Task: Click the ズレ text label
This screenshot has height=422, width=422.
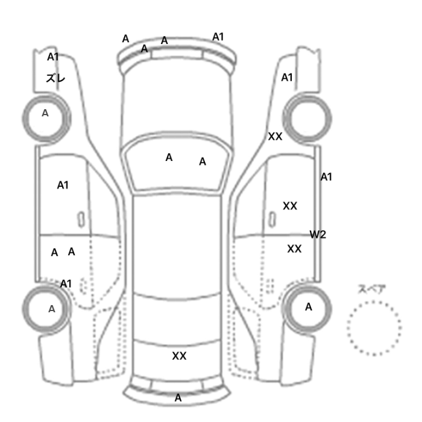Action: pos(55,78)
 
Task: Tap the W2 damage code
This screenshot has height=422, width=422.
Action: pos(318,235)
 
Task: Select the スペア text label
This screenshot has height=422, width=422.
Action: pos(368,289)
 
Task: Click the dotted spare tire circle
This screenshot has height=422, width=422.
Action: pos(374,328)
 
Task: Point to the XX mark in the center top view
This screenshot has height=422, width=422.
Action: pos(179,356)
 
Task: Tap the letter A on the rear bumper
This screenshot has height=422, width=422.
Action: pos(178,398)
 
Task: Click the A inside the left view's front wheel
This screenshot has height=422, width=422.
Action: pos(45,113)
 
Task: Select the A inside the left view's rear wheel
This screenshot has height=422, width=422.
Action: pos(52,309)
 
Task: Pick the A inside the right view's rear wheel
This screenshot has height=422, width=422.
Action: pos(309,307)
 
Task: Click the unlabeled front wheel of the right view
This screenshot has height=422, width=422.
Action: pos(307,118)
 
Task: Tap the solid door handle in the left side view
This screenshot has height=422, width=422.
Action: pos(81,219)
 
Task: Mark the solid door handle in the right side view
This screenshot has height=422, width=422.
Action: pos(272,219)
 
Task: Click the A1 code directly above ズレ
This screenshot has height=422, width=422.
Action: pos(53,57)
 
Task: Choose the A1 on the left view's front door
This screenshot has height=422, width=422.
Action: pos(63,185)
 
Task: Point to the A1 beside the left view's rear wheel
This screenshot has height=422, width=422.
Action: pos(66,284)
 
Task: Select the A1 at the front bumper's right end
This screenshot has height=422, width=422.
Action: pos(218,37)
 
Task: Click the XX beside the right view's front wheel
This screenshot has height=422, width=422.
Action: pos(275,137)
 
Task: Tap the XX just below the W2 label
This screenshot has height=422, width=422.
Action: pos(294,249)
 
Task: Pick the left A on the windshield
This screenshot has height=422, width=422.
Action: pos(169,157)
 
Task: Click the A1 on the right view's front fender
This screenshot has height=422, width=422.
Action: pos(287,78)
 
